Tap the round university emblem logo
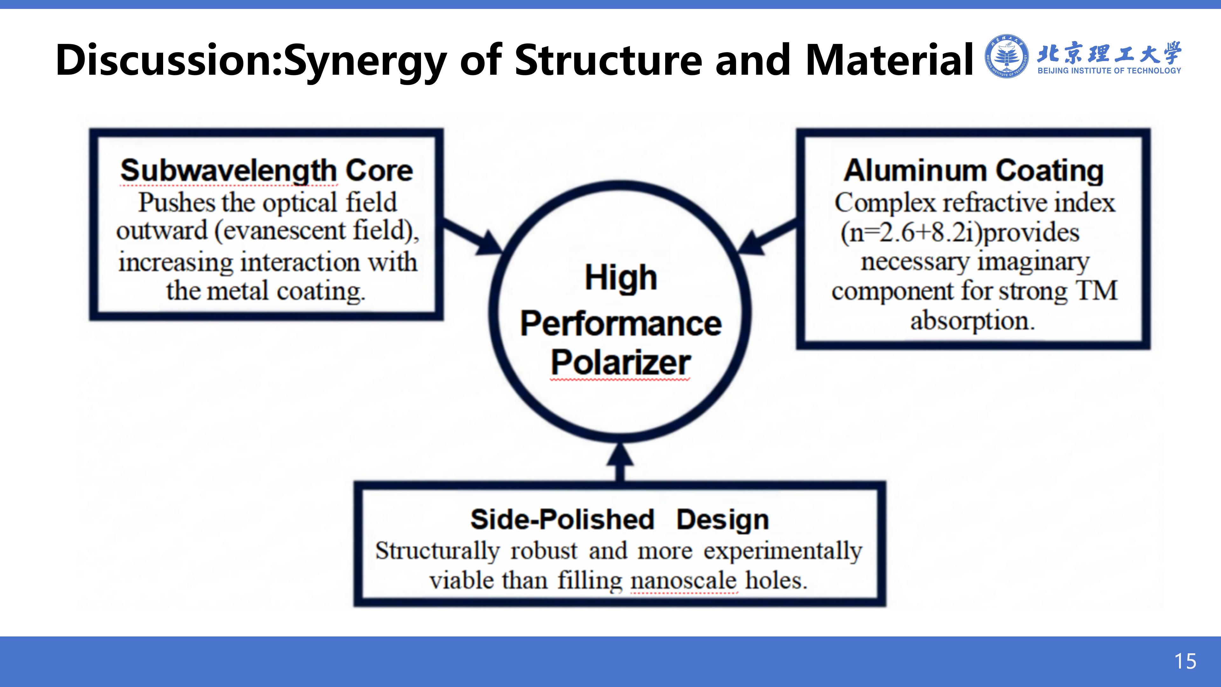click(x=1007, y=56)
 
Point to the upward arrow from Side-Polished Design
click(x=620, y=462)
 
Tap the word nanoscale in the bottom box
click(x=684, y=580)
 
